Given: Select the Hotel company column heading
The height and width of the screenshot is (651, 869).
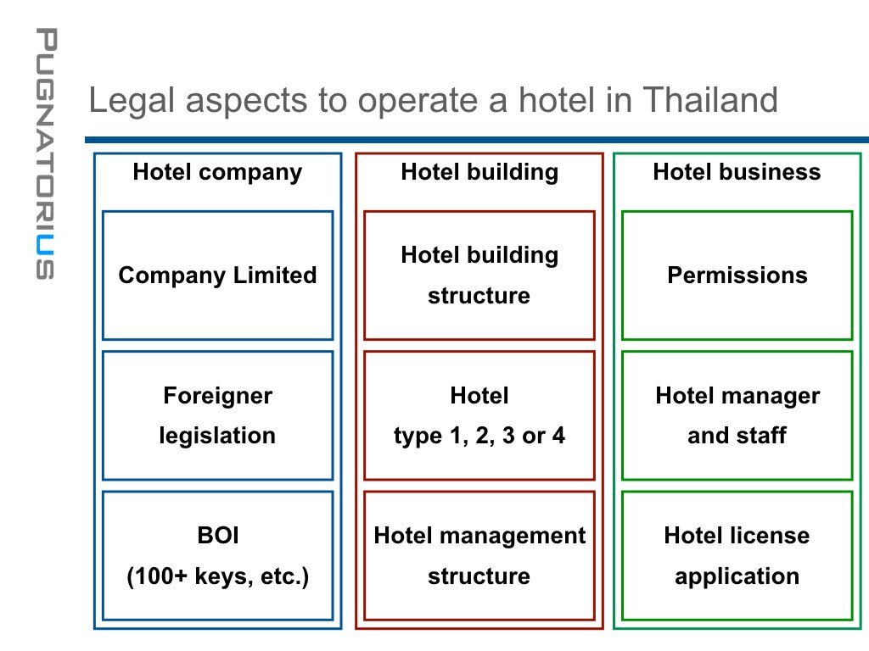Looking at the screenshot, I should click(x=217, y=172).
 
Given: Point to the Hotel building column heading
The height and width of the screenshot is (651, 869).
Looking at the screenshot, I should click(x=479, y=172).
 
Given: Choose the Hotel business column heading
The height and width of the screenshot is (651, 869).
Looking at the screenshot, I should click(x=737, y=172).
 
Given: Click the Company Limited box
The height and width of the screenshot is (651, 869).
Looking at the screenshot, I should click(x=217, y=275).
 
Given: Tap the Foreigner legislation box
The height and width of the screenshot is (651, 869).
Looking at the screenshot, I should click(x=217, y=415).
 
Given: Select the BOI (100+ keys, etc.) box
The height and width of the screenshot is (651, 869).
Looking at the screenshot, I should click(x=217, y=555).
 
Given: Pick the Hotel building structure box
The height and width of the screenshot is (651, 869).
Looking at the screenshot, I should click(x=479, y=275).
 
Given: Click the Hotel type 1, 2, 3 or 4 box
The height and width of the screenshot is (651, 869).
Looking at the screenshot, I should click(x=479, y=415).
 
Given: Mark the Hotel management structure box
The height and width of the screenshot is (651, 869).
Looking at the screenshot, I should click(x=479, y=555).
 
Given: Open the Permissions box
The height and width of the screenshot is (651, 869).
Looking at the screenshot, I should click(x=737, y=275).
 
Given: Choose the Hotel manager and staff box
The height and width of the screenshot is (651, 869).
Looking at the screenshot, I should click(x=737, y=415).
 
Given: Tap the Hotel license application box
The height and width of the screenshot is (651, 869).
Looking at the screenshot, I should click(x=737, y=555).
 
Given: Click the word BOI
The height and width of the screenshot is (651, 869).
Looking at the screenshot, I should click(x=217, y=536).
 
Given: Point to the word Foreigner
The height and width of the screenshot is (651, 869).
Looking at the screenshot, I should click(x=217, y=396).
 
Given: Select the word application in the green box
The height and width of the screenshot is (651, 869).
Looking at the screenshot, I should click(x=737, y=576).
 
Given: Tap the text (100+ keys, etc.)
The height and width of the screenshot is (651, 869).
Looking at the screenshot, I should click(x=217, y=576).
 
